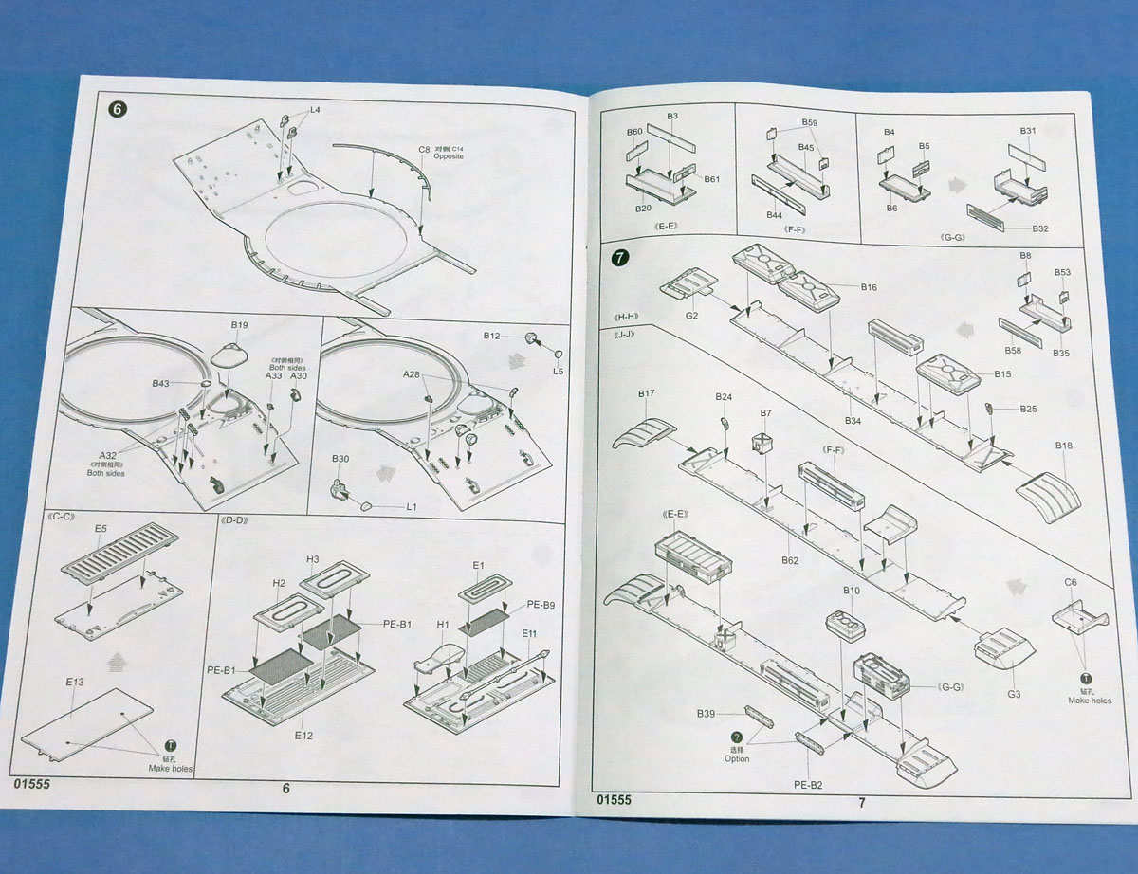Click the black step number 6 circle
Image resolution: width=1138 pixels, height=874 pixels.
[x=117, y=109]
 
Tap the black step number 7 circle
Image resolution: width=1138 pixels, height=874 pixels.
[x=619, y=257]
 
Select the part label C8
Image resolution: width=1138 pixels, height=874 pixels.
[x=424, y=150]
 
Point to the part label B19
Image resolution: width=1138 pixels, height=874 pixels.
[x=239, y=325]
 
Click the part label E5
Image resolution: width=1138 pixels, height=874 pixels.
[x=101, y=530]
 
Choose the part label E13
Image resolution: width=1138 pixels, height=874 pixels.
[x=76, y=683]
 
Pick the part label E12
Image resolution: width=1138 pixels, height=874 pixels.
[x=303, y=735]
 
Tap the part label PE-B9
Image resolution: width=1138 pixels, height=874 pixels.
[x=541, y=605]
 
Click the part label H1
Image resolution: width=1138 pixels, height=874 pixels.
[x=442, y=626]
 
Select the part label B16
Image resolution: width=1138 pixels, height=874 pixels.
[x=869, y=286]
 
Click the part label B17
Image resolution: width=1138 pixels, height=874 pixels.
[x=647, y=393]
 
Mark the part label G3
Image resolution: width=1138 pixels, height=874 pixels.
[x=1014, y=695]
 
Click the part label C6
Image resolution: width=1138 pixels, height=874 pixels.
[x=1071, y=582]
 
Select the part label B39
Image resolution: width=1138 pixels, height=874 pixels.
[x=707, y=713]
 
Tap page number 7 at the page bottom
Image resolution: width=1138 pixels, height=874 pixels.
[x=861, y=802]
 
